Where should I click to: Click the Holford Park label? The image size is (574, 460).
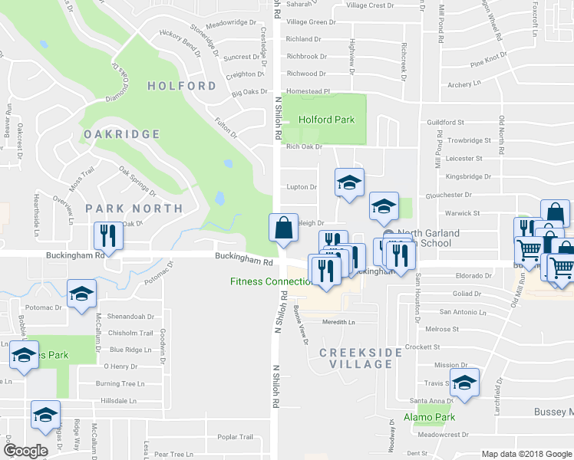pos(326,120)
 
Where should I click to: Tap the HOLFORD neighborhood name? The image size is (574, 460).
pos(182,86)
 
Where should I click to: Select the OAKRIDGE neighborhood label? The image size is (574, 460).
pos(123,134)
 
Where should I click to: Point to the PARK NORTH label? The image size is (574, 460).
pos(134,208)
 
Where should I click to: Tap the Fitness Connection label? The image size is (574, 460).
pos(271,281)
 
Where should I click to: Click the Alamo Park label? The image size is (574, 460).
pos(430,418)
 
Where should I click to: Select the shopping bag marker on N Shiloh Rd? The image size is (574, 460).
pos(283,228)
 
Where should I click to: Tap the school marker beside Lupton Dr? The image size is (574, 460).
pos(348,183)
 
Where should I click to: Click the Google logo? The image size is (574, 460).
pos(25,451)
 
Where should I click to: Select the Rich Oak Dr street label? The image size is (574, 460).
pos(303,146)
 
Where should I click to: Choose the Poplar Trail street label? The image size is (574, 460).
pos(235,437)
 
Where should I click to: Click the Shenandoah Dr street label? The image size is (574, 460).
pos(130,316)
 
